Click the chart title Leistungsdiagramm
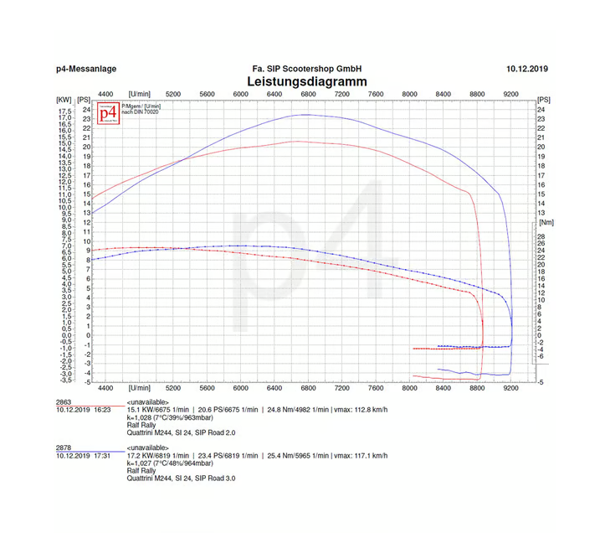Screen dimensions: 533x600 [307, 81]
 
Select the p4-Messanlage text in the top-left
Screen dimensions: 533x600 [85, 68]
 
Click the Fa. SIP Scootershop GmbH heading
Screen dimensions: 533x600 [307, 68]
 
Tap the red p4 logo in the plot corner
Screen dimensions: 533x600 [108, 113]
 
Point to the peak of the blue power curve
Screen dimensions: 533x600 [305, 114]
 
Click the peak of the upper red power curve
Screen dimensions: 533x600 [295, 141]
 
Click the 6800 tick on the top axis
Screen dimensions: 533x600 [308, 94]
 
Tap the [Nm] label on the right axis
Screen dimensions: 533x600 [546, 223]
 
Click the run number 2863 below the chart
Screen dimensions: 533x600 [64, 402]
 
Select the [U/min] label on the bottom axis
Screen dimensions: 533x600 [140, 389]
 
